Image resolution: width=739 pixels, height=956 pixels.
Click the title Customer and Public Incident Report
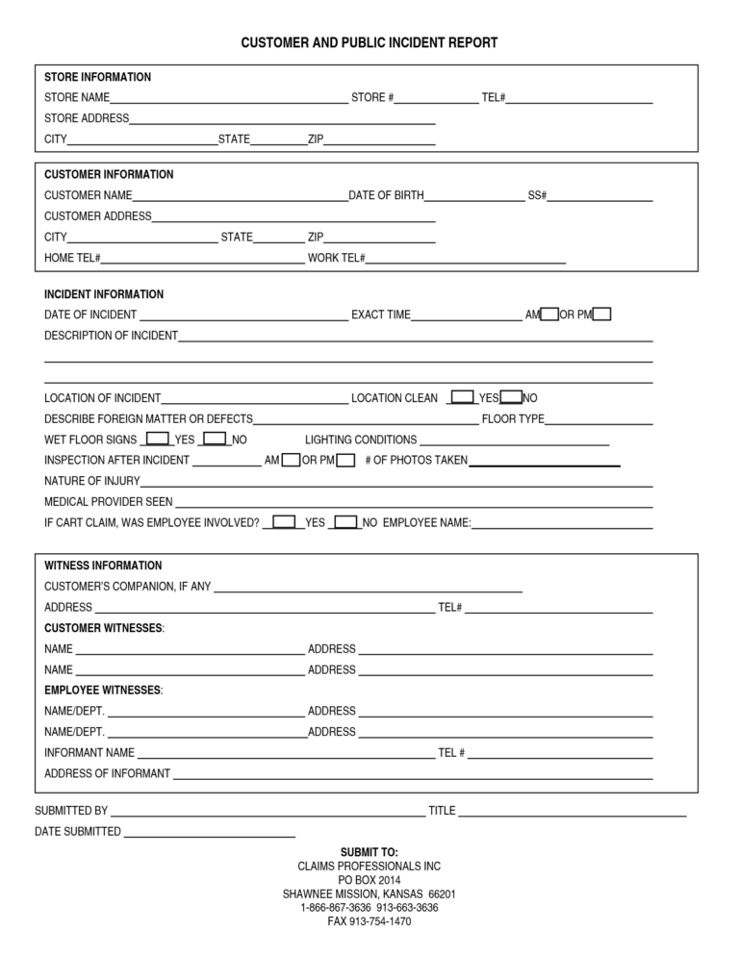point(369,43)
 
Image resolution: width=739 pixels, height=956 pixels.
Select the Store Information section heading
point(97,77)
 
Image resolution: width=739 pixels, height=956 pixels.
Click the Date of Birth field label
point(386,195)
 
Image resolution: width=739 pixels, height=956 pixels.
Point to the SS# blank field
point(599,196)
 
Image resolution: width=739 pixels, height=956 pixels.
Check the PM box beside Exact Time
point(601,314)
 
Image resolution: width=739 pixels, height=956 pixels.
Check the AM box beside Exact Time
point(549,314)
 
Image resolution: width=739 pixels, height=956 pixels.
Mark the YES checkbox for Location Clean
point(463,397)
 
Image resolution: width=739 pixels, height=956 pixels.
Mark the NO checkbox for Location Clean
point(512,397)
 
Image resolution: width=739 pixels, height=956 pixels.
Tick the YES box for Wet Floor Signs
point(157,440)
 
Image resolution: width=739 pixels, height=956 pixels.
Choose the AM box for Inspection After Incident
point(291,460)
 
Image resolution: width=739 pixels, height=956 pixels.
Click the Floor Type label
point(513,419)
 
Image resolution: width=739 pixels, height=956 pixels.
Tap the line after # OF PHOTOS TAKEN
point(544,461)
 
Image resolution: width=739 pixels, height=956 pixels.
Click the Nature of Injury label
point(92,481)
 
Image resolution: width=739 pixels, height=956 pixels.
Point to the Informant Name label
point(89,753)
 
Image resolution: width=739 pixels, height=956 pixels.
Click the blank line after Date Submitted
point(209,832)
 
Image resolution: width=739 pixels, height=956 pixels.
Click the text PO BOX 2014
point(369,880)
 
